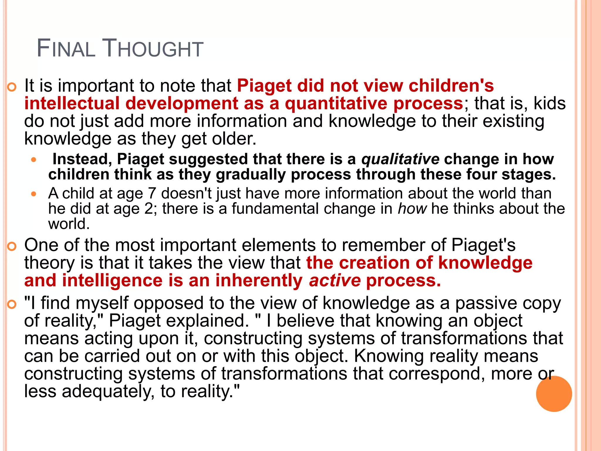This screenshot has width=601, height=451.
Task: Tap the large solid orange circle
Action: (554, 394)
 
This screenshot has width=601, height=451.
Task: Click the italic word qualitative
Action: (400, 159)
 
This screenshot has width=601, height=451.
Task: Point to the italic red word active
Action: (335, 281)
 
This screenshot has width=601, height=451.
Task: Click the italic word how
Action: (412, 209)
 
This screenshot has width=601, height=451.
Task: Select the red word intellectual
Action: (72, 104)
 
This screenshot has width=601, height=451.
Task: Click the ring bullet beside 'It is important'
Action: (12, 87)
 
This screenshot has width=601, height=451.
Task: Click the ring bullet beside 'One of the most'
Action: (12, 247)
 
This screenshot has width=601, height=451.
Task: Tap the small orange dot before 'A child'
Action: (34, 194)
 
